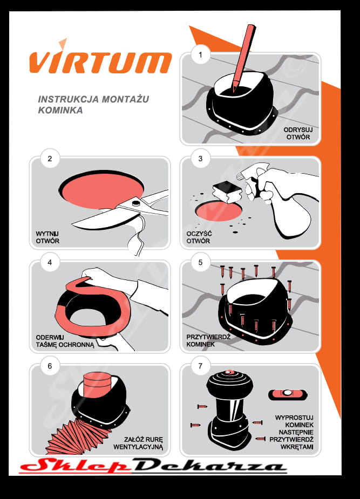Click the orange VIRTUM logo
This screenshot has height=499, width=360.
pyautogui.click(x=100, y=59)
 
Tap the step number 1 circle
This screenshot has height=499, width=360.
pyautogui.click(x=200, y=54)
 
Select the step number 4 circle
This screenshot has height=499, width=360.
pyautogui.click(x=50, y=262)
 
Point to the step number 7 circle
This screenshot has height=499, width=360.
pyautogui.click(x=200, y=366)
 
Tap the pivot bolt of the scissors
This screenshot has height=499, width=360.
pyautogui.click(x=135, y=203)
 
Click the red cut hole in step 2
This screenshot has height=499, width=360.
pyautogui.click(x=101, y=190)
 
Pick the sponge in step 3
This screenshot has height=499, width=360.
pyautogui.click(x=227, y=192)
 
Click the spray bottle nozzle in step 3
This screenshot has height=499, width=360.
pyautogui.click(x=241, y=175)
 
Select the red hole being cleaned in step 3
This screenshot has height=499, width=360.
pyautogui.click(x=218, y=211)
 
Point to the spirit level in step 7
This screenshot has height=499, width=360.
pyautogui.click(x=288, y=394)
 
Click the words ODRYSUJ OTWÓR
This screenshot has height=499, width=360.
pyautogui.click(x=298, y=133)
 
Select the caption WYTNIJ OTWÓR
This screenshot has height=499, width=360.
pyautogui.click(x=47, y=237)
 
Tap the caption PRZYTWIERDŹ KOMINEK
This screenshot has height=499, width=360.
pyautogui.click(x=208, y=340)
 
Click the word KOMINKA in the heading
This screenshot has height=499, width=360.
pyautogui.click(x=60, y=110)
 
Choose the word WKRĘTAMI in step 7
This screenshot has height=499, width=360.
pyautogui.click(x=297, y=447)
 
